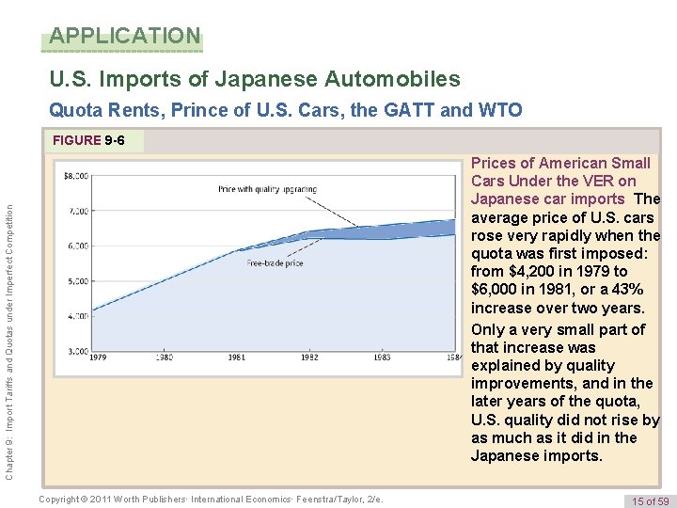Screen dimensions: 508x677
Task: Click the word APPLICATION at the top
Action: point(125,37)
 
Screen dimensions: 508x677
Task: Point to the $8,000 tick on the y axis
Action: point(75,176)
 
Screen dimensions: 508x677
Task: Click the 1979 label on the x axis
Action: point(99,358)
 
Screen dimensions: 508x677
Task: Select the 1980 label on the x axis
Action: point(165,358)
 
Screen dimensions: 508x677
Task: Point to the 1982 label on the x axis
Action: point(309,358)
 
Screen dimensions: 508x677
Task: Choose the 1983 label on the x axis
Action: point(382,358)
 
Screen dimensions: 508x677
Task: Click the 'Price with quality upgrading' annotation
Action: point(267,189)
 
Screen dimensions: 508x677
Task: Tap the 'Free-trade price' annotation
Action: point(275,263)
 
